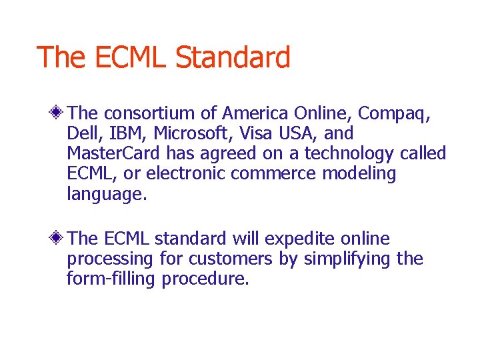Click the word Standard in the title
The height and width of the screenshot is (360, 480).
[233, 57]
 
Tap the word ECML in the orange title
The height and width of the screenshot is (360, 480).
[129, 57]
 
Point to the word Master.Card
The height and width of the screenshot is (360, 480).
[113, 153]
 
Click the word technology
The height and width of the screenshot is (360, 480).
[349, 154]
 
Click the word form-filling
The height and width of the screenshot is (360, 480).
[111, 279]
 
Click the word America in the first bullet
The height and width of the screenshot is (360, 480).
[256, 113]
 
